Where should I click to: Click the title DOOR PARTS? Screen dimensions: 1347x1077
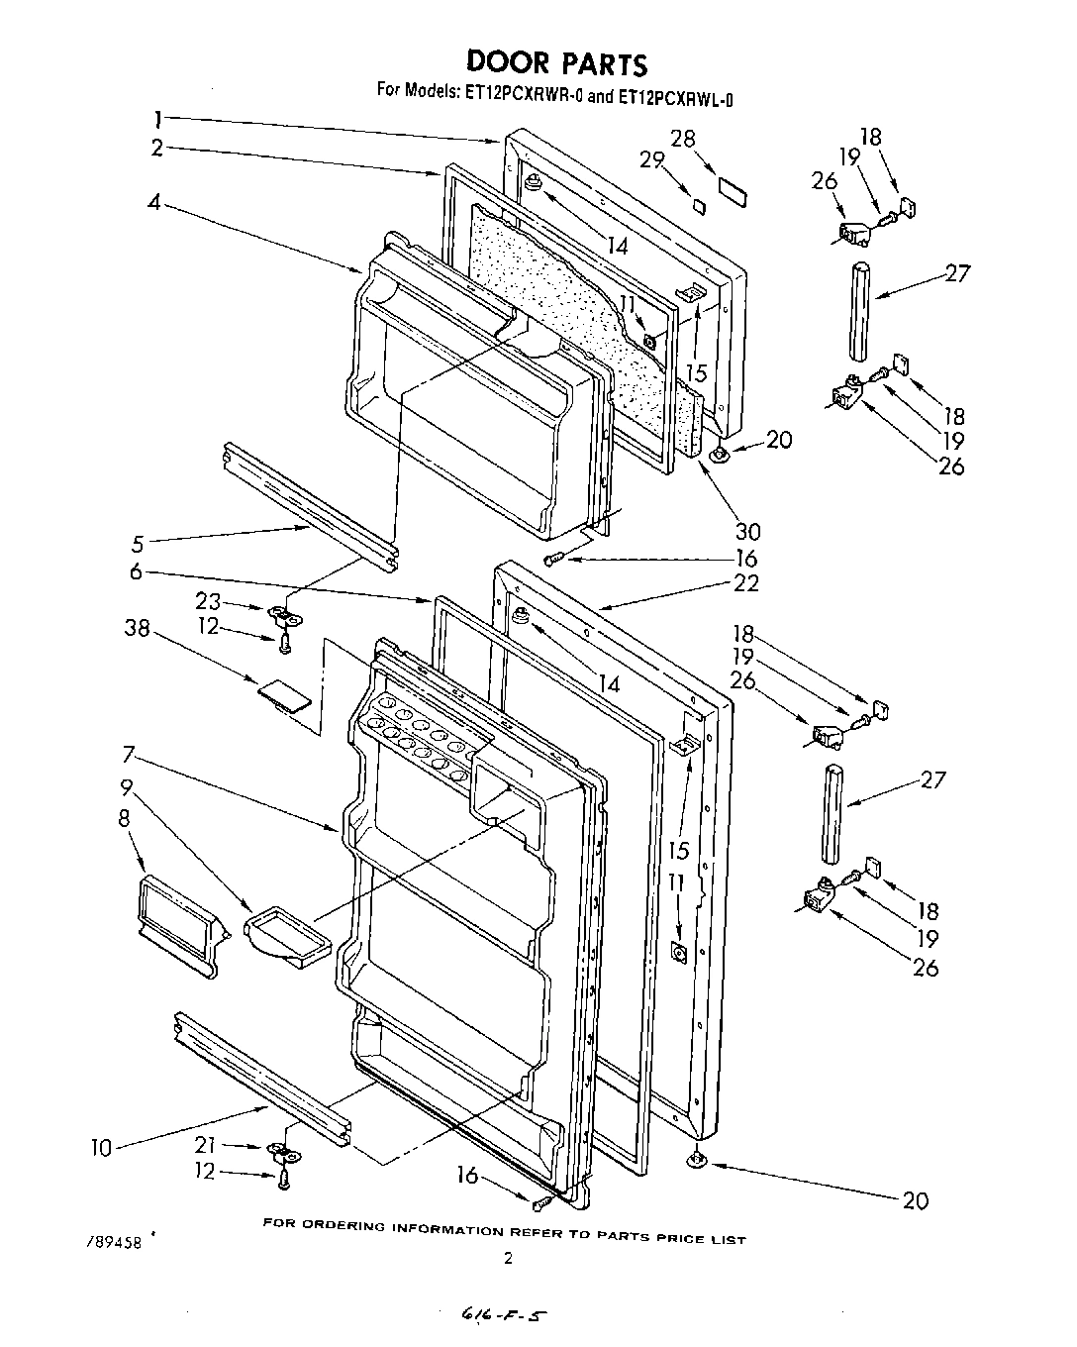(x=556, y=62)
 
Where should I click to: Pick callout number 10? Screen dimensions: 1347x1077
(x=101, y=1148)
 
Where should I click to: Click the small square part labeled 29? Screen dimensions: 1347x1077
(x=698, y=205)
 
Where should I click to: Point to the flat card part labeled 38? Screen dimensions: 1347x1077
(x=287, y=696)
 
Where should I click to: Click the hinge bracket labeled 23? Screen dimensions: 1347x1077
(x=288, y=617)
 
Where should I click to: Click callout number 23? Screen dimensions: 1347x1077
(x=207, y=600)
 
